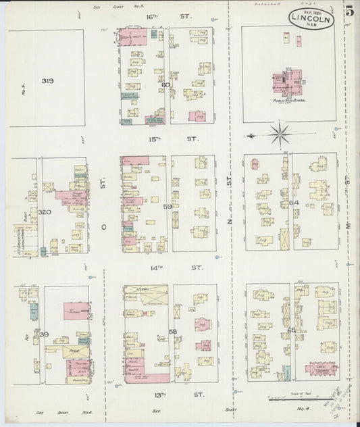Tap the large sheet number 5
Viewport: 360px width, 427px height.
tap(348, 12)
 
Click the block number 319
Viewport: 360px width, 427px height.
tap(47, 81)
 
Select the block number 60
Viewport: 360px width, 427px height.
tap(165, 85)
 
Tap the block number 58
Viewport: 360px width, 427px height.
tap(173, 331)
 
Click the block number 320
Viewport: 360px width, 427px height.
tap(45, 211)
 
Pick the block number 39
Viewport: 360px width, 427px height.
tap(44, 334)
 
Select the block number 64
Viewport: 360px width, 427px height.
tap(293, 202)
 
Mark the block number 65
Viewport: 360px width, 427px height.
tap(291, 330)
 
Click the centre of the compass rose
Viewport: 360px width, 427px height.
tap(278, 133)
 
